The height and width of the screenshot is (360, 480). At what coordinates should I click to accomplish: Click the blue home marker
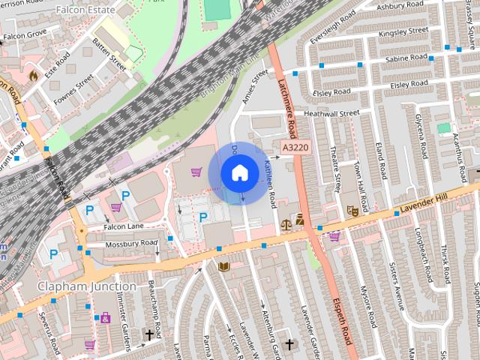pos(239,173)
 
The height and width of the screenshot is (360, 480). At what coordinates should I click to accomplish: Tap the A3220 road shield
pos(295,148)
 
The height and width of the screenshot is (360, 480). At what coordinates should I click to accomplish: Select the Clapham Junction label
pos(88,286)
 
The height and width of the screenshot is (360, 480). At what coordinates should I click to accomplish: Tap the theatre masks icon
pos(351,212)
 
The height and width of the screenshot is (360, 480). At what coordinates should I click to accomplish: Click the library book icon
pos(223,266)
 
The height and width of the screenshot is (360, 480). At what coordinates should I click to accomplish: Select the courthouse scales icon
pos(286,223)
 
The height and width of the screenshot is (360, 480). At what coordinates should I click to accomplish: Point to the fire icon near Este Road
pos(33,75)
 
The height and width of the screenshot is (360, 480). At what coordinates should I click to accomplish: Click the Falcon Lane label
pos(124,226)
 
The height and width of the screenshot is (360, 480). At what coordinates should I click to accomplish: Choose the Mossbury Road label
pos(131,244)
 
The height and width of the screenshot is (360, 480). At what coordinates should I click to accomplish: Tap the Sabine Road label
pos(406,57)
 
